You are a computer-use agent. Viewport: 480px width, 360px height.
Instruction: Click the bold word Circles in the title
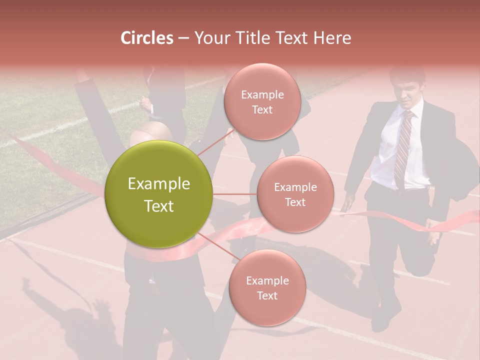click(146, 38)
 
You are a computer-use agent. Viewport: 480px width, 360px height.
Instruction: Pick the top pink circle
click(261, 101)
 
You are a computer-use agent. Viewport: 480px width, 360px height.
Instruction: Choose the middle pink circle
click(295, 194)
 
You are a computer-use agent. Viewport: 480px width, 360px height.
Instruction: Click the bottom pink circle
click(267, 287)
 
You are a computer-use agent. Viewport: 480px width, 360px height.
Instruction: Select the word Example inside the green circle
click(158, 184)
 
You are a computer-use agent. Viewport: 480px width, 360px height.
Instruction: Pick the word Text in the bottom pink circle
click(267, 295)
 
